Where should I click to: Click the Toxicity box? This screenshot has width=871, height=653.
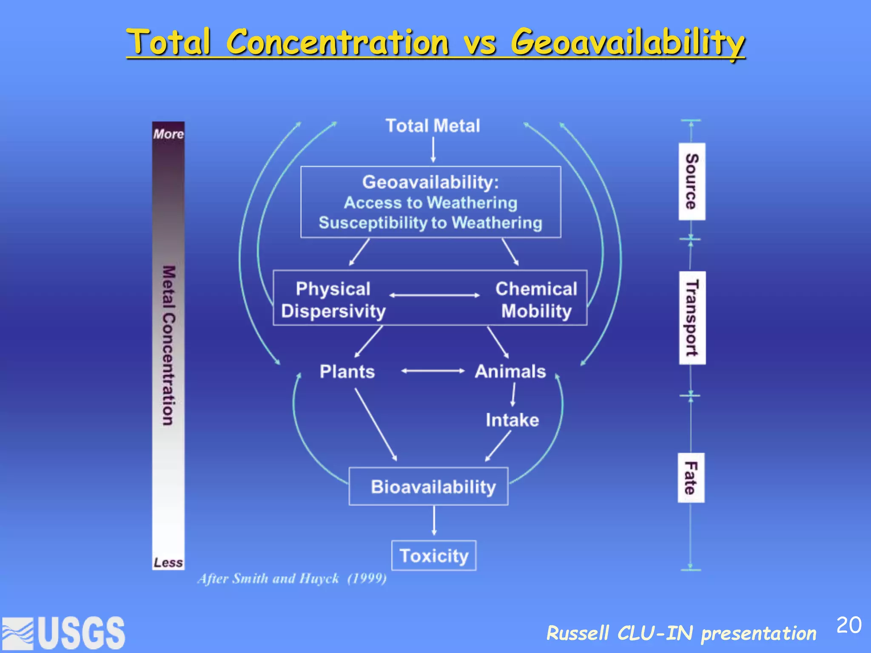click(x=434, y=556)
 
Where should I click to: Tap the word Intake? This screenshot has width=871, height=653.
click(x=512, y=420)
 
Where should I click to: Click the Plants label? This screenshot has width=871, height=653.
click(x=347, y=372)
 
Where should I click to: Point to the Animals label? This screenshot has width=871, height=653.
click(x=510, y=372)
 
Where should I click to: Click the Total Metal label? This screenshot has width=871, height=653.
click(x=433, y=126)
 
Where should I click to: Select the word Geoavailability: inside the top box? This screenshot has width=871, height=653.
click(x=430, y=182)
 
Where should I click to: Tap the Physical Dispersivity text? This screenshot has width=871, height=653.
click(x=333, y=300)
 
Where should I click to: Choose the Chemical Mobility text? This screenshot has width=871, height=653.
click(x=536, y=300)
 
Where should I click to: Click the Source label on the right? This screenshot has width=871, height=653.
click(x=692, y=182)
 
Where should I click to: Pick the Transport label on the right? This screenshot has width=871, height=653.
click(x=692, y=318)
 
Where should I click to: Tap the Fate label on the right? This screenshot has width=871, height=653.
click(x=691, y=478)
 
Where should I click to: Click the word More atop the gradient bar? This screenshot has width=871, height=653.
click(x=168, y=134)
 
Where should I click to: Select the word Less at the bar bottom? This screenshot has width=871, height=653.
click(x=168, y=562)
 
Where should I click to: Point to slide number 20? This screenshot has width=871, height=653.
click(x=848, y=625)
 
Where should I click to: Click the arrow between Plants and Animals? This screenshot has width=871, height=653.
click(x=433, y=371)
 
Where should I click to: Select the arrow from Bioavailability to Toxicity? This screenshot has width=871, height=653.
click(x=434, y=520)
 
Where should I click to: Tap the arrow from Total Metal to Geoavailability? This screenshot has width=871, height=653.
click(x=433, y=150)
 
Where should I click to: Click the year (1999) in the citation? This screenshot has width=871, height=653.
click(x=367, y=579)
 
